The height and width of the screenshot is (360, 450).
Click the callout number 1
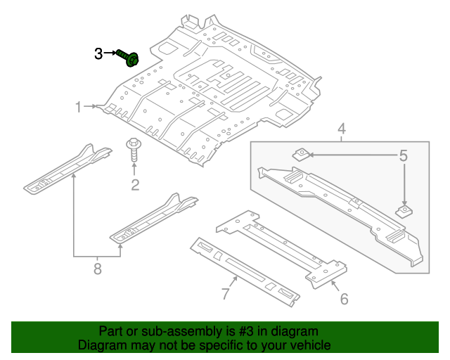coord(79,107)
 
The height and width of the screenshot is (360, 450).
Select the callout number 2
coord(134,185)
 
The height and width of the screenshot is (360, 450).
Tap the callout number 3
coord(99,53)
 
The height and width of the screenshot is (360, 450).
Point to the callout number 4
coord(341,129)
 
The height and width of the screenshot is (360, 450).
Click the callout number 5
coord(404,155)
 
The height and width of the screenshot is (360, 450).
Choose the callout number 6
coord(344,299)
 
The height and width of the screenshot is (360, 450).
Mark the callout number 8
coord(98,268)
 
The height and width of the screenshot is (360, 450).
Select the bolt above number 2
coord(133,148)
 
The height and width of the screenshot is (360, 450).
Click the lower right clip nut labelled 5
coord(404,211)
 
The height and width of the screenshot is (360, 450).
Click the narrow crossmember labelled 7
coord(243,271)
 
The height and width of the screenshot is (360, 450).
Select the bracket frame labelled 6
coord(281,243)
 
